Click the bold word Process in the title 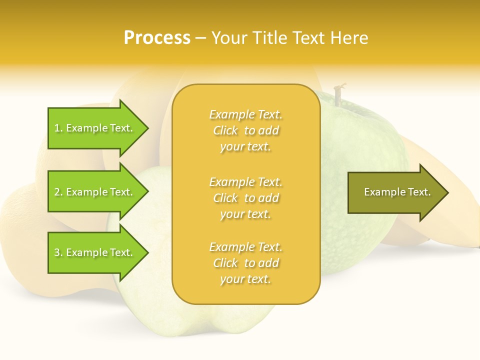157,38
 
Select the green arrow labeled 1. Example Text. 95,128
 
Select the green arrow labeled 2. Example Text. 95,192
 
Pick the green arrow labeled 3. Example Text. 95,252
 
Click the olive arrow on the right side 395,192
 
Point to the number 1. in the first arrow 58,128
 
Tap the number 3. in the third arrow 58,253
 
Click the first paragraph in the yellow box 245,130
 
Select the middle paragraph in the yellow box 245,198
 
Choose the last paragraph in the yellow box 245,263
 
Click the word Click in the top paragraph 225,131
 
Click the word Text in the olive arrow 419,192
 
